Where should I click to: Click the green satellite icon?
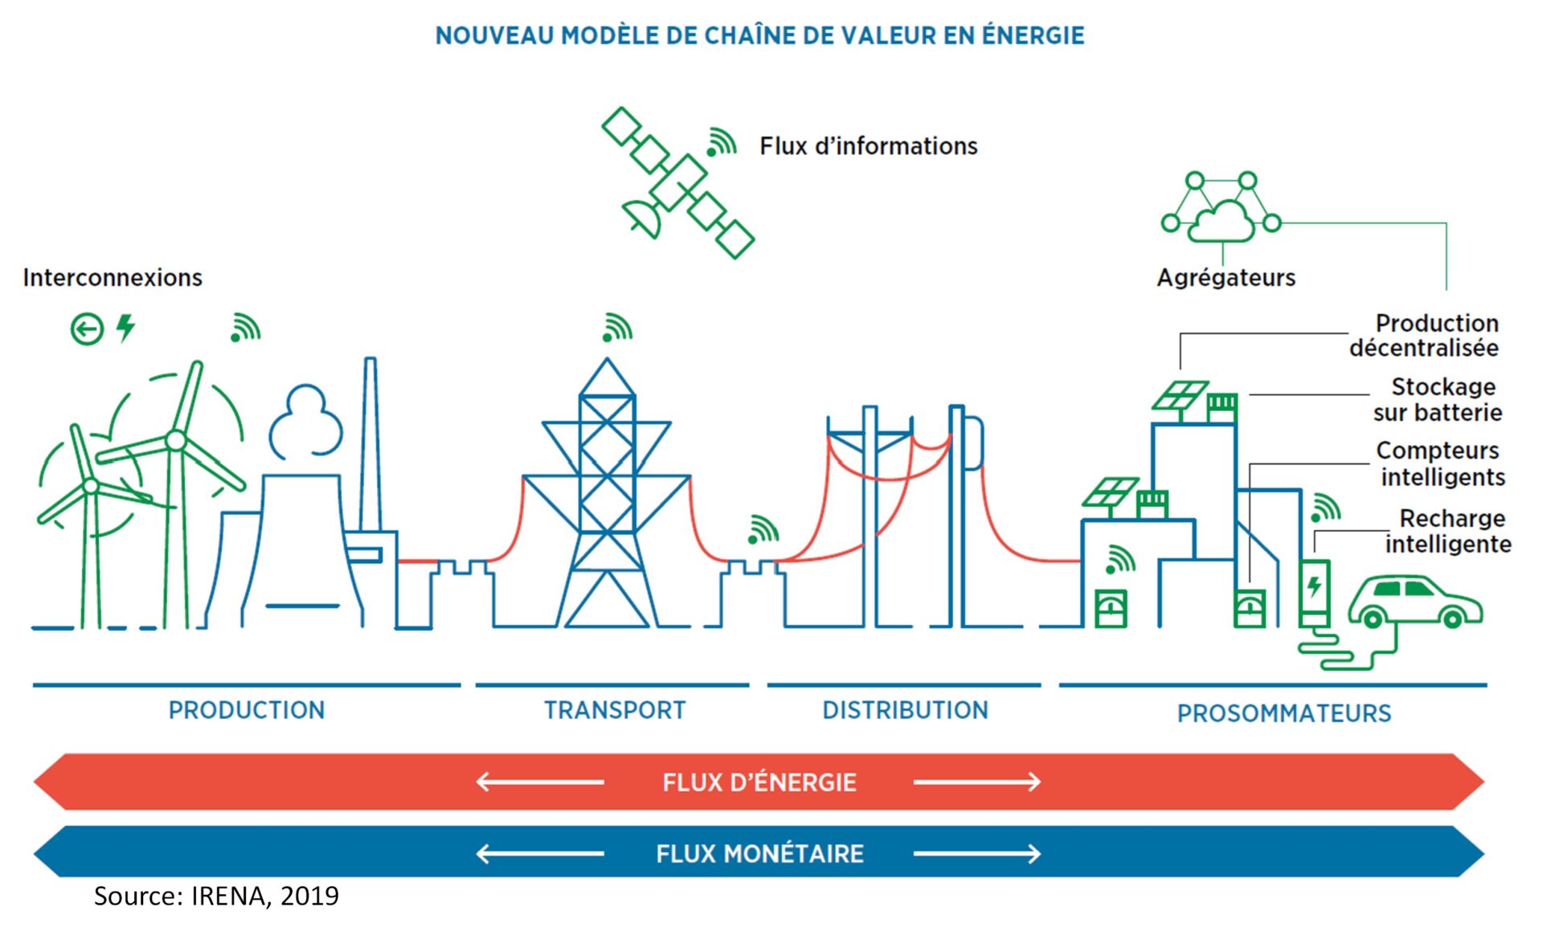click(x=677, y=183)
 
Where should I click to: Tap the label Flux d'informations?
click(x=868, y=146)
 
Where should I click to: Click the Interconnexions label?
click(x=113, y=278)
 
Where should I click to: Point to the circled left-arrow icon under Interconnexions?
click(x=87, y=329)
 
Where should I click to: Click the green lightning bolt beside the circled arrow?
click(x=125, y=328)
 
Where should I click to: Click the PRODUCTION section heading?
click(x=247, y=710)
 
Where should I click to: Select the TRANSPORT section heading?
click(x=615, y=710)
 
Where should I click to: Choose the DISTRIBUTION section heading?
click(x=905, y=710)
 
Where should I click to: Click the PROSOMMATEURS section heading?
click(x=1283, y=713)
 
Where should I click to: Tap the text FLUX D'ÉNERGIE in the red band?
click(x=759, y=782)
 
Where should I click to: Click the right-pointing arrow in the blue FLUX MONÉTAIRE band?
click(x=976, y=853)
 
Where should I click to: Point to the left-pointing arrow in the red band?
click(x=540, y=782)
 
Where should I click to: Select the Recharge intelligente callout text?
click(x=1448, y=531)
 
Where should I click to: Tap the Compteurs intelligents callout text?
click(x=1440, y=463)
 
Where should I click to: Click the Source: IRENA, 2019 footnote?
click(x=216, y=896)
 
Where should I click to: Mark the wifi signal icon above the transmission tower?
click(x=617, y=328)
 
